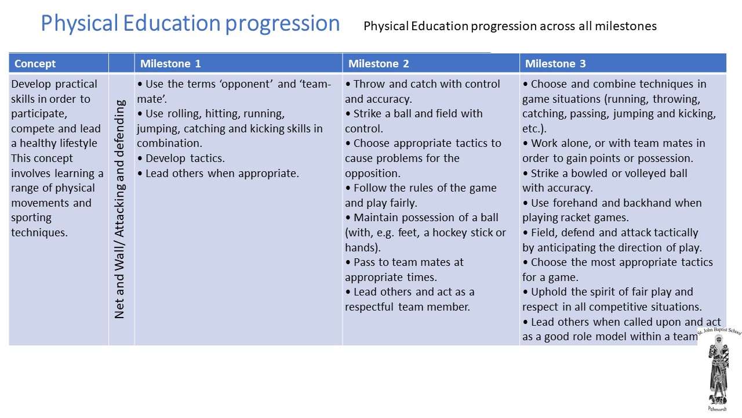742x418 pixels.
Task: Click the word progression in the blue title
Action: tap(282, 24)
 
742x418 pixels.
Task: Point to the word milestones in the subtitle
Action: tap(625, 26)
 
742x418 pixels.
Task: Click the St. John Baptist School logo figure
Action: tap(718, 369)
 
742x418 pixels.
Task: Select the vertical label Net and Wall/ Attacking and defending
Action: tap(119, 210)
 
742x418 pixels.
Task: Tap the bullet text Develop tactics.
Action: tap(185, 158)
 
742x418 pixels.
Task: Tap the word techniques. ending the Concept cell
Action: tap(39, 233)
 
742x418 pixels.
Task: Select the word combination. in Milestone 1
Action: tap(170, 143)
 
